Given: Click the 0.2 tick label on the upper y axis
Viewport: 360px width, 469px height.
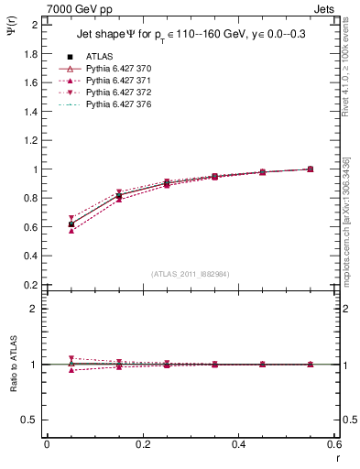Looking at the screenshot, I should point(33,285).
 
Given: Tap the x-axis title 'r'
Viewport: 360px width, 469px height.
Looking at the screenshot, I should point(336,456).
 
